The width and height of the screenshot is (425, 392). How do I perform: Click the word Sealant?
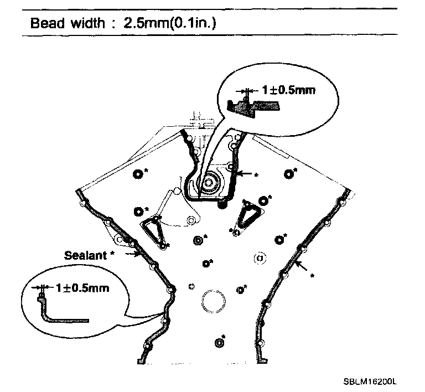[85, 255]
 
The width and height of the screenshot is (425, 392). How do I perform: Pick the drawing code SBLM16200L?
[370, 382]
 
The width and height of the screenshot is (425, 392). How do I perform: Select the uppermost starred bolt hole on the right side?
[288, 174]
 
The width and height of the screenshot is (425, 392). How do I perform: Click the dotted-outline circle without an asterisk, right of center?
[258, 258]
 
